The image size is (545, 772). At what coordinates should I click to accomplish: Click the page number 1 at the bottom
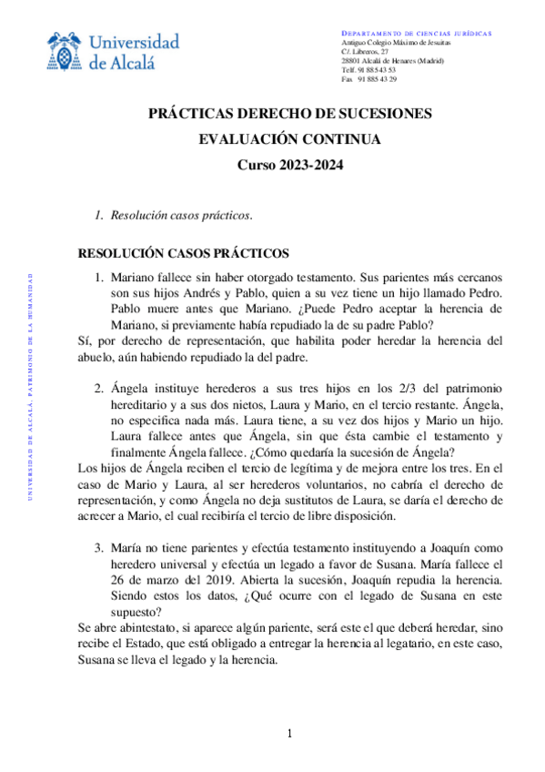(x=289, y=734)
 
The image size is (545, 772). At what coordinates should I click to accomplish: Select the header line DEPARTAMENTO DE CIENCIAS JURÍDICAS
(x=416, y=34)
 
